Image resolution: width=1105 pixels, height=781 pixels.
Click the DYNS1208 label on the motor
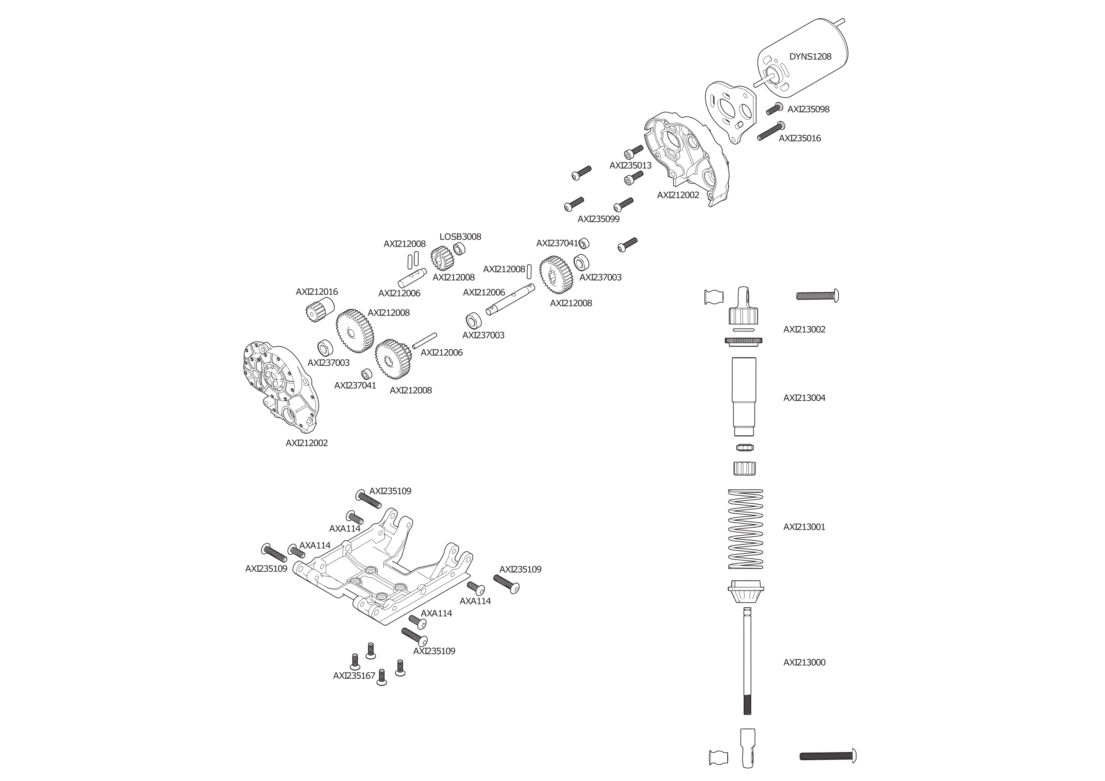(x=810, y=57)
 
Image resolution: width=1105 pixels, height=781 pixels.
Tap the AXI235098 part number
(x=808, y=109)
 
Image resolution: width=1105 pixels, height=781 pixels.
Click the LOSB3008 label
(x=460, y=237)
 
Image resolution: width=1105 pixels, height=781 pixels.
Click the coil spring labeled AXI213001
(x=746, y=529)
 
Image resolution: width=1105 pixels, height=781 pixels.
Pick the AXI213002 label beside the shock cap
(x=804, y=330)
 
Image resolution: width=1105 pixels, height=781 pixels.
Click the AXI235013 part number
(x=630, y=166)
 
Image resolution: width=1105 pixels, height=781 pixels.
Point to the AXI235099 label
(x=599, y=219)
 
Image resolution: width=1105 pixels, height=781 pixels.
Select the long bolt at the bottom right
(x=828, y=756)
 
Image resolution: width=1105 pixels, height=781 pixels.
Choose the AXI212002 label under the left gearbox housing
(x=307, y=443)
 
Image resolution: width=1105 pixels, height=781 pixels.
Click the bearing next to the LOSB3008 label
(x=460, y=249)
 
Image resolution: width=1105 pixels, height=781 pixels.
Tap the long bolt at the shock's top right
(x=817, y=295)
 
